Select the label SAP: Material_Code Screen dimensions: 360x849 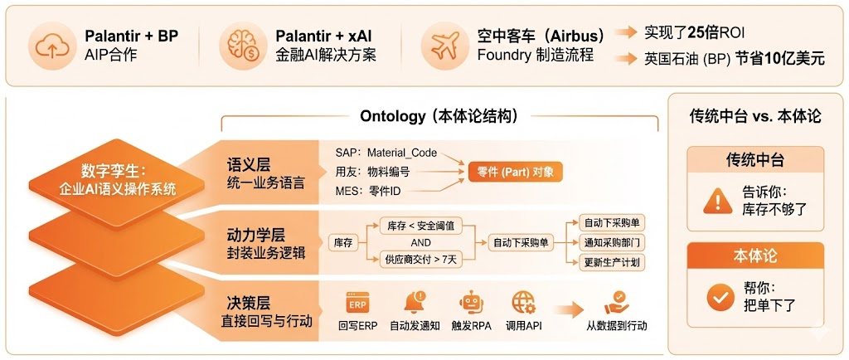tap(386, 153)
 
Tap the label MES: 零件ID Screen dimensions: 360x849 tap(371, 192)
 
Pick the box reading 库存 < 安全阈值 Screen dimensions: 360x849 tap(420, 226)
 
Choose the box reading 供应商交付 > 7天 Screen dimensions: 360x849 tap(420, 259)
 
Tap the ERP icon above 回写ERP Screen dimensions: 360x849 tap(357, 301)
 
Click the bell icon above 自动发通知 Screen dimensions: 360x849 tap(414, 301)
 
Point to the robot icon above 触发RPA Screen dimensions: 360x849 tap(471, 301)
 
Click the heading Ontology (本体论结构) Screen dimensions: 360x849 tap(439, 116)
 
